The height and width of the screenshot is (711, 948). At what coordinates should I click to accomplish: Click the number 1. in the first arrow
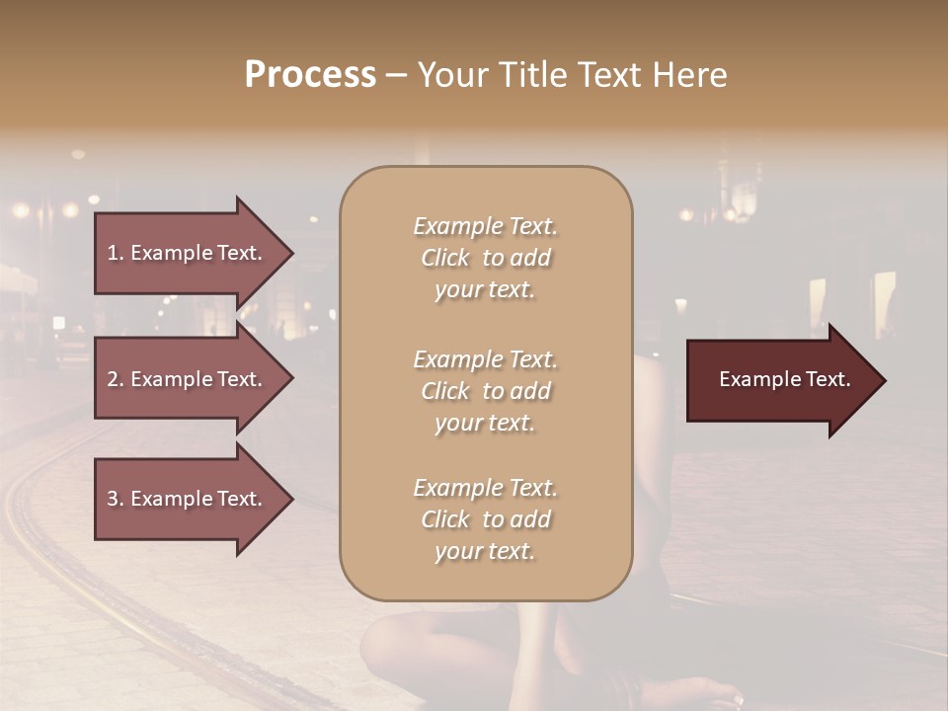click(x=116, y=253)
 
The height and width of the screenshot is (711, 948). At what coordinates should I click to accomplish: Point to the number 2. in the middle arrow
click(x=116, y=379)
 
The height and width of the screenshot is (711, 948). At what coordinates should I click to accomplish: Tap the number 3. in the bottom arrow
click(x=116, y=499)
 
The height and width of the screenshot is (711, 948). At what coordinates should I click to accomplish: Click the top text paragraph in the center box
click(x=485, y=258)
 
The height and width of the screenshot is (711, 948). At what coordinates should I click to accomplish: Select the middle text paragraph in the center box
click(x=485, y=391)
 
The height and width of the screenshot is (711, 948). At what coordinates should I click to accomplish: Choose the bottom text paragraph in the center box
click(x=485, y=519)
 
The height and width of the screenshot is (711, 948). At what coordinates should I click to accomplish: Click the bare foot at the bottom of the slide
click(x=691, y=691)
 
